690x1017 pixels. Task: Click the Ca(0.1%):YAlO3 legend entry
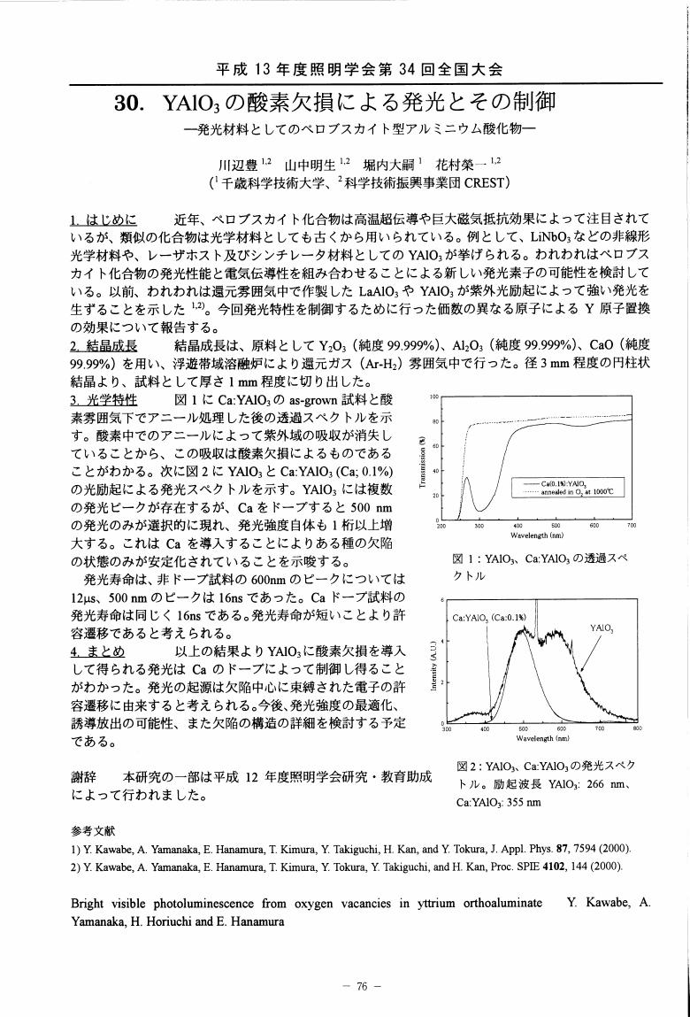574,483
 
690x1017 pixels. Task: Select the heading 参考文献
88,831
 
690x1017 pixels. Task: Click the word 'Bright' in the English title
90,905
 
